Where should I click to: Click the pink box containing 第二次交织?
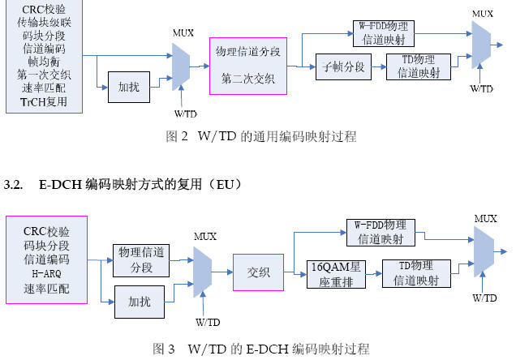[247, 66]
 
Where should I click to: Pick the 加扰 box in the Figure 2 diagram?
[128, 87]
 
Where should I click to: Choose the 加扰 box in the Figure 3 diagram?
[140, 301]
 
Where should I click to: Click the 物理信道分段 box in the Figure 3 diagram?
[140, 259]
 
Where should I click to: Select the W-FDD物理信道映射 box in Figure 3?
[386, 232]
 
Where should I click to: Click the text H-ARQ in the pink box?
[46, 273]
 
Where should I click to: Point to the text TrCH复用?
[46, 102]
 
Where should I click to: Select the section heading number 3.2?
[14, 185]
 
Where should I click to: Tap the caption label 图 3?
[164, 349]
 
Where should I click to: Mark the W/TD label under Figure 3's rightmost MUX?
[484, 298]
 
